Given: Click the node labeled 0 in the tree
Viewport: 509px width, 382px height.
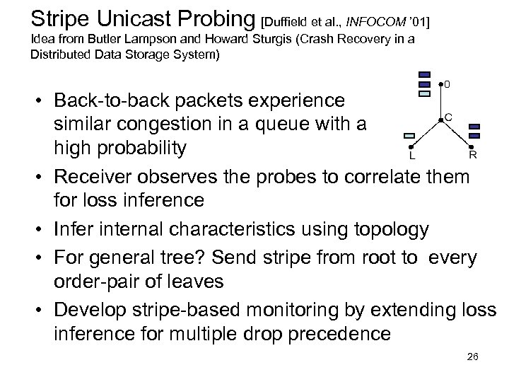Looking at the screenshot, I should coord(440,85).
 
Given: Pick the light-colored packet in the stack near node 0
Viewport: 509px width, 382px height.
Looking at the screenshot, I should coord(424,93).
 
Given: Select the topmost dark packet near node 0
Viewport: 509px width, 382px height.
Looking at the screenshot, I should coord(424,75).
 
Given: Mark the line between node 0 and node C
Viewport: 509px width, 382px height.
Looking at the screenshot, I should coord(440,103).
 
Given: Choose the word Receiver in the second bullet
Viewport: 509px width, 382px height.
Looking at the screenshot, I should coord(98,175).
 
